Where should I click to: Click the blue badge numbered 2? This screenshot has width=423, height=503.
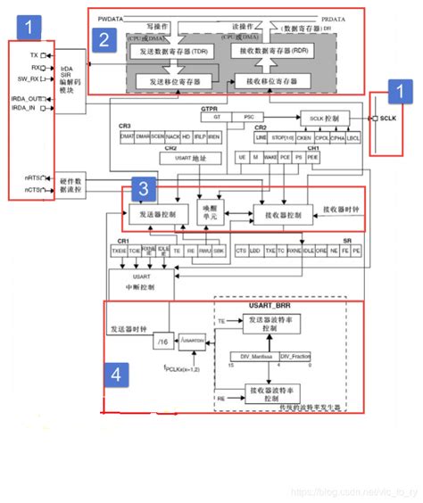click(104, 39)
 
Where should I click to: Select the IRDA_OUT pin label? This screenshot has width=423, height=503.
click(25, 98)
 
